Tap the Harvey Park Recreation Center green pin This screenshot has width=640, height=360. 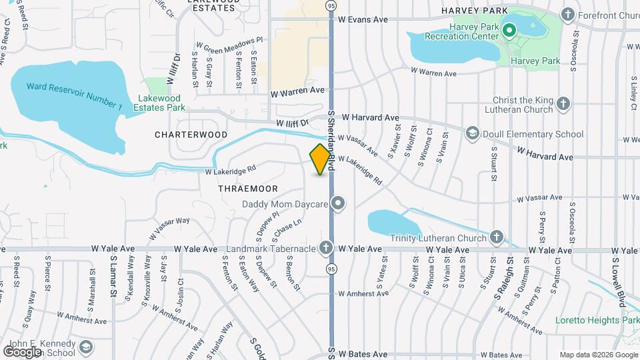tap(509, 31)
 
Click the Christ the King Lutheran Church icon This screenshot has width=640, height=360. tap(563, 104)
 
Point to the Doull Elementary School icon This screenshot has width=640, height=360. tap(473, 134)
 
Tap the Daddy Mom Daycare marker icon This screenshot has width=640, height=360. tap(338, 204)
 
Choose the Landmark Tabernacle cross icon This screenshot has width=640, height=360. tap(325, 248)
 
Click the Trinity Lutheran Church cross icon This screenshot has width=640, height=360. tap(496, 237)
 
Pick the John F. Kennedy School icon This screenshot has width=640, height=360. tap(86, 347)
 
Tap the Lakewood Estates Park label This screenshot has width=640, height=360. tap(158, 103)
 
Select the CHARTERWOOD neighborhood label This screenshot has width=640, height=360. tap(182, 135)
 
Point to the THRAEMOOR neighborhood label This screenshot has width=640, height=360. tap(247, 189)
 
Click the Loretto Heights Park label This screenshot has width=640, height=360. tap(597, 320)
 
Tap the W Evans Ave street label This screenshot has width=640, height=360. tap(363, 20)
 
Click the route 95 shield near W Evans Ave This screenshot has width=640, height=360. tap(331, 6)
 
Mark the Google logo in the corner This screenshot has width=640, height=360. tap(22, 351)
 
